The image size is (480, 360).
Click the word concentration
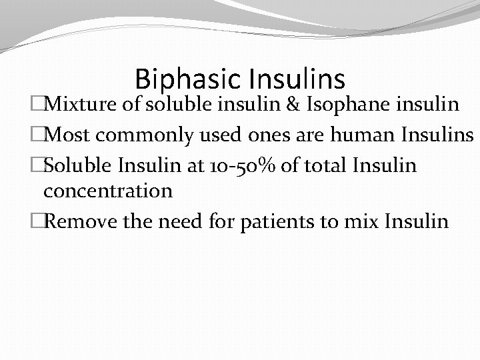point(107,191)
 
